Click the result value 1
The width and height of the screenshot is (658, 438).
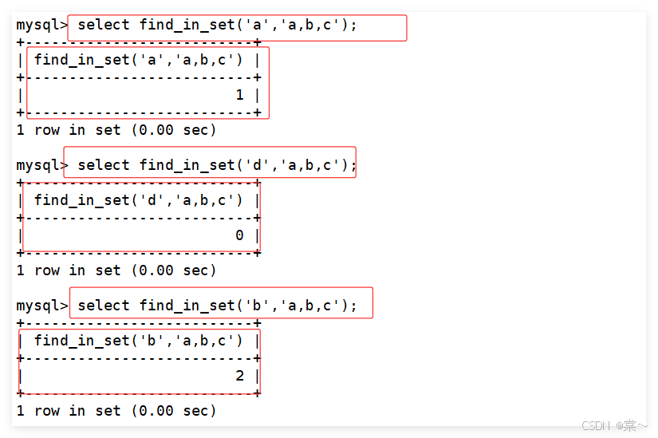tap(239, 95)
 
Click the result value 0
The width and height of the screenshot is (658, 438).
tap(239, 235)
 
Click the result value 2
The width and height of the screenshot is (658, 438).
tap(239, 376)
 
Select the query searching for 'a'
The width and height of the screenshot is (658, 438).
tap(217, 25)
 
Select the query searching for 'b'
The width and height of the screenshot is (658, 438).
tap(217, 306)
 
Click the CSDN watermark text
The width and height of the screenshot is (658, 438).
tap(613, 425)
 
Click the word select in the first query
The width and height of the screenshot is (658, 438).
tap(104, 25)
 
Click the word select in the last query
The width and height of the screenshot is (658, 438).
tap(104, 306)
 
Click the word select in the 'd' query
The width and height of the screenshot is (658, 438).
tap(104, 165)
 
